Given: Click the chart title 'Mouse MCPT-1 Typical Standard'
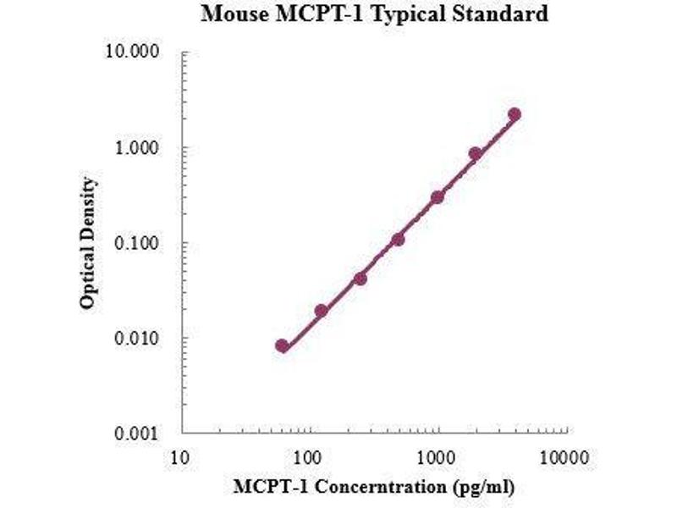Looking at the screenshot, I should coord(372,14).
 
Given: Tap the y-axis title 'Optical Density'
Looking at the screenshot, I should coord(88,244).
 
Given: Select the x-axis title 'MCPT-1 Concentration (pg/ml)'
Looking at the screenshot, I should coord(373,487).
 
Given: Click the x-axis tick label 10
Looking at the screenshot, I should coord(180,458).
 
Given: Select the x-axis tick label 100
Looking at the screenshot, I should coord(309,458).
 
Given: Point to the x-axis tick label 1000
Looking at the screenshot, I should coord(437,458).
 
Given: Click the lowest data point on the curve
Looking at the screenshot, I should coord(282,345).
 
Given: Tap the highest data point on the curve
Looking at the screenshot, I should coord(514,114).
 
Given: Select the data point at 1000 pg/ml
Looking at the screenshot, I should coord(438,197).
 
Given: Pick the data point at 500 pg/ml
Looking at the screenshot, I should coord(398,240).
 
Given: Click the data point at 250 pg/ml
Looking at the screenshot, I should coord(360,278).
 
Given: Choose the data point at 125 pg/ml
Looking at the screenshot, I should coord(321,311).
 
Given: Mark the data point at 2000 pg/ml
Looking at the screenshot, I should coord(476,154).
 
